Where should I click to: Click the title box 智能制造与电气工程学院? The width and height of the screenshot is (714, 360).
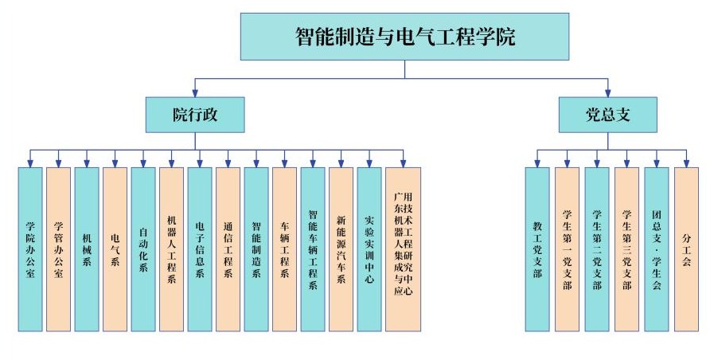tap(404, 37)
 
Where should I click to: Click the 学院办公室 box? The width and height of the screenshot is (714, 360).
tap(30, 249)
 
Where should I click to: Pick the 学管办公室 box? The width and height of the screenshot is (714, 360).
tap(58, 249)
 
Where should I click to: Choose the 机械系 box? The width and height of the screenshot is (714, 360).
tap(87, 249)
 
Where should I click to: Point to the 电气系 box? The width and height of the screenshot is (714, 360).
tap(115, 249)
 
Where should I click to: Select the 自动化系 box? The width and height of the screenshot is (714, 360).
tap(143, 249)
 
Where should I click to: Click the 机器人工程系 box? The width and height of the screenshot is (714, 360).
tap(171, 249)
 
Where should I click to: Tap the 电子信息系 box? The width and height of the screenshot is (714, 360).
tap(200, 249)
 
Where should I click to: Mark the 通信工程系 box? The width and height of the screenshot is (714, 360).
tap(228, 249)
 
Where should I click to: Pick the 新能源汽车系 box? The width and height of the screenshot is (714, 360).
tap(341, 249)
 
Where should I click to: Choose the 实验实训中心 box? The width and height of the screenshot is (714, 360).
tap(369, 249)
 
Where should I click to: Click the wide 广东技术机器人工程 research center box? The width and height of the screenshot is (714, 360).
tap(403, 249)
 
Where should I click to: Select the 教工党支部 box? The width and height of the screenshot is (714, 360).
tap(536, 249)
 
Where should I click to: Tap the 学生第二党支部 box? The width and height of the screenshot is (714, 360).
tap(596, 249)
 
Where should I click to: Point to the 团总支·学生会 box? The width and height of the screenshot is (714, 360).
tap(656, 249)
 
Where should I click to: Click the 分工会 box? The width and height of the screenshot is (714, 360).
tap(686, 249)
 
